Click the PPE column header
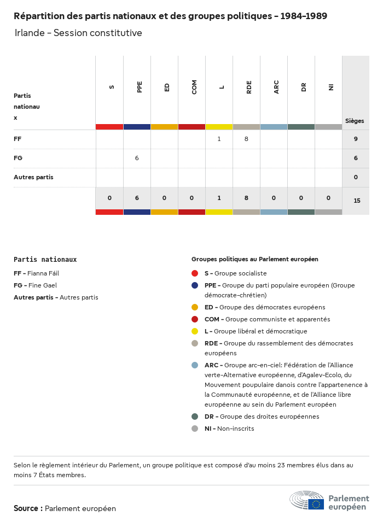point(140,87)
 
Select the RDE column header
point(249,87)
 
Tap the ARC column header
point(276,87)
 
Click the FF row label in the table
point(18,139)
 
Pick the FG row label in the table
point(18,158)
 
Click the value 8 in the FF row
point(246,139)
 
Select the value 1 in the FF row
point(219,139)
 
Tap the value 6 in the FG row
point(137,158)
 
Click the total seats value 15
point(357,201)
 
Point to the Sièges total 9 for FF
point(356,139)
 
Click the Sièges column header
point(355,121)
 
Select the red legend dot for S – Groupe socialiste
point(195,273)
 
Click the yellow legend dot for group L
point(195,331)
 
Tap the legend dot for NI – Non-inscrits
point(195,429)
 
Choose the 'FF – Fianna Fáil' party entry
point(36,273)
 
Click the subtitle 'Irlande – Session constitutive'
point(78,33)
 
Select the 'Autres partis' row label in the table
point(33,177)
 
